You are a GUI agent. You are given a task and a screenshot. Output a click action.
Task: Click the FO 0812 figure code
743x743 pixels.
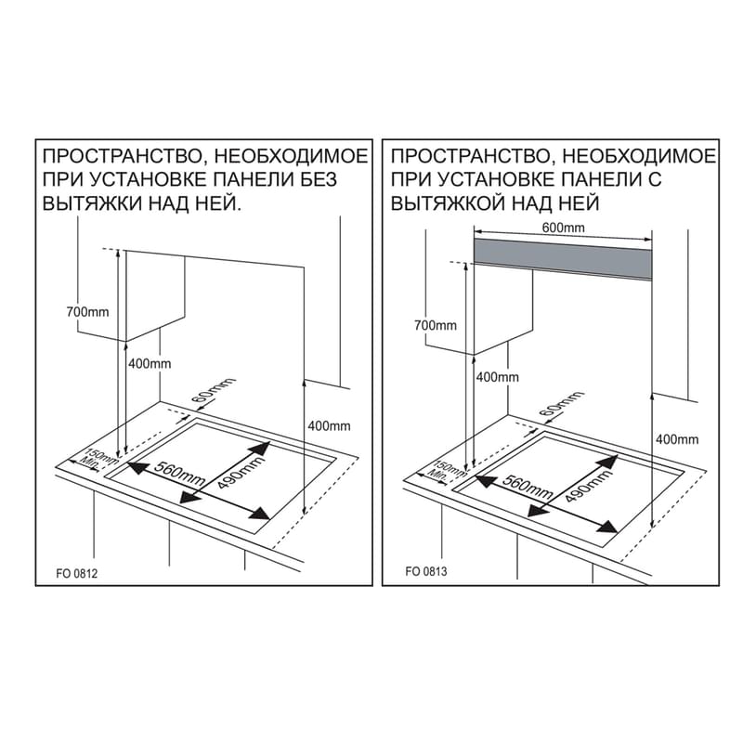click(x=77, y=573)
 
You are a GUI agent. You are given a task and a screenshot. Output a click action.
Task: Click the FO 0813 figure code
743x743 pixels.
click(x=426, y=571)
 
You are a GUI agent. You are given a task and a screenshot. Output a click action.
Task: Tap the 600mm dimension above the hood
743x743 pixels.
click(x=564, y=228)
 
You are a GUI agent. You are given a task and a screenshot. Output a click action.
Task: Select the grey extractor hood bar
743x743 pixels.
click(x=563, y=259)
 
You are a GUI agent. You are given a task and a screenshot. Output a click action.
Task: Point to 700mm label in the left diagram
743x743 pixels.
click(x=87, y=312)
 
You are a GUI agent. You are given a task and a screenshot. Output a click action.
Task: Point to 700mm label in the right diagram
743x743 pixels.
click(x=436, y=326)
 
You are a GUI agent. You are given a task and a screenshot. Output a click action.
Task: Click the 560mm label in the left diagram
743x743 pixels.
click(x=179, y=475)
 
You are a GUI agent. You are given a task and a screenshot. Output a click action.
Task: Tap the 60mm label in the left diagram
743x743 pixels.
click(x=215, y=391)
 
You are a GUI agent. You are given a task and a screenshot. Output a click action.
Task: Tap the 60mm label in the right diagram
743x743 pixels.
click(x=563, y=404)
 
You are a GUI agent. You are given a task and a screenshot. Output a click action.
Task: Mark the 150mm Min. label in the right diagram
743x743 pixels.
click(x=447, y=471)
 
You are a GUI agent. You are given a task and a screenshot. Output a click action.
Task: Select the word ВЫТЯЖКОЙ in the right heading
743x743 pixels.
click(x=448, y=203)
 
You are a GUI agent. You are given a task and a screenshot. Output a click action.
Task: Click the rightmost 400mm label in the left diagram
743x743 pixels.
click(x=330, y=426)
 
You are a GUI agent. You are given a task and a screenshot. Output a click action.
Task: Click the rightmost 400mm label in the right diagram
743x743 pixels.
click(x=677, y=439)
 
